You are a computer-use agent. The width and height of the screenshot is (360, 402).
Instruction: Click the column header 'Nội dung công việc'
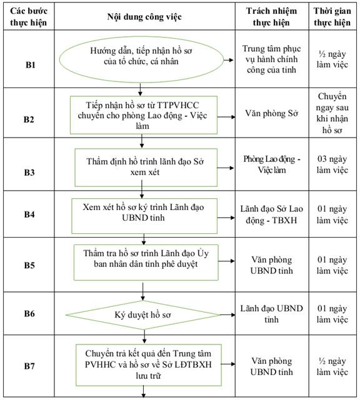[144, 17]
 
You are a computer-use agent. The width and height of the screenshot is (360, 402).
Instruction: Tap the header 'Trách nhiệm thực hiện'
[271, 17]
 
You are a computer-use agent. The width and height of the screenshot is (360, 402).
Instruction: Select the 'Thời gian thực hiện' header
[332, 17]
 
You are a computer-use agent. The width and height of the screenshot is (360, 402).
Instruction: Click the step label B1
[30, 65]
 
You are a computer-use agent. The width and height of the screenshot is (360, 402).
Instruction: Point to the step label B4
[29, 214]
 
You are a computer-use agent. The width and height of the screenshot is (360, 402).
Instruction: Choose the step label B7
[29, 366]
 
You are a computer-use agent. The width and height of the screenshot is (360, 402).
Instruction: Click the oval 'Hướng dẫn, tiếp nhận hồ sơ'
[141, 59]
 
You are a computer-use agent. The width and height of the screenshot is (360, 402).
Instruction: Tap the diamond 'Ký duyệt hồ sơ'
[143, 315]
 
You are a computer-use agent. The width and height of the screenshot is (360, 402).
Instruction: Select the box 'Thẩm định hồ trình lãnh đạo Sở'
[146, 168]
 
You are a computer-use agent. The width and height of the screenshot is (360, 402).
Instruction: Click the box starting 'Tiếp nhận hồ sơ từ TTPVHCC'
[144, 115]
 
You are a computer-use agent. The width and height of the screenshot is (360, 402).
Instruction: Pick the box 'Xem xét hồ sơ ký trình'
[144, 216]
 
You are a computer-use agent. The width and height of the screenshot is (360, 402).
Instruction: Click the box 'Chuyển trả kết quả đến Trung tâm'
[148, 365]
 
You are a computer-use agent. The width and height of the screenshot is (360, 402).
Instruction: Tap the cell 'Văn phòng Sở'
[272, 113]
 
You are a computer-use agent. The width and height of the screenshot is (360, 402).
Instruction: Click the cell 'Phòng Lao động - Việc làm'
[272, 164]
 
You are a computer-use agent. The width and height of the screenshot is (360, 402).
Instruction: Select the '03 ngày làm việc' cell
[332, 164]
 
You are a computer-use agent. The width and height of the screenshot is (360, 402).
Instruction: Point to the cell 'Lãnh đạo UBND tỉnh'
[272, 314]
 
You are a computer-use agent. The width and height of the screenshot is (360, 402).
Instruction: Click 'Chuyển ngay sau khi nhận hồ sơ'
[332, 113]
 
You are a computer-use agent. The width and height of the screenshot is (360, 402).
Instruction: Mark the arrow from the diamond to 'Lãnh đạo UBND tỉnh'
[227, 314]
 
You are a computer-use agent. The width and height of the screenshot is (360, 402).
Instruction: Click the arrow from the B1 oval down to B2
[140, 89]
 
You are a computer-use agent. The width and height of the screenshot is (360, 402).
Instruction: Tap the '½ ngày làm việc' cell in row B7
[332, 366]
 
